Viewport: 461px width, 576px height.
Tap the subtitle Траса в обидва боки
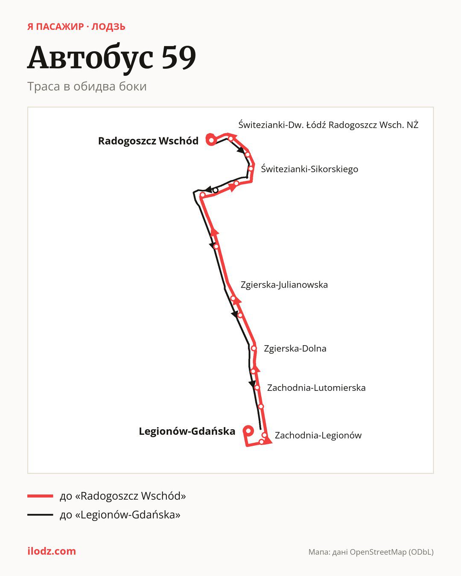[x=87, y=87]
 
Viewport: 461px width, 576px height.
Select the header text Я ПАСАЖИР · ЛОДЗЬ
[x=76, y=27]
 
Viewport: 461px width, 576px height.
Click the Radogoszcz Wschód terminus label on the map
[x=148, y=141]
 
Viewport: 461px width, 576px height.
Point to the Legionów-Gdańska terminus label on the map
[x=187, y=431]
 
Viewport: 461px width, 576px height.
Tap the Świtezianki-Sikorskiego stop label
[x=309, y=169]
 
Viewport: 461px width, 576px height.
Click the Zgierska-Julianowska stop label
[x=284, y=285]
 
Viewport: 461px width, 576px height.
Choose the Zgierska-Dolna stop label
[x=295, y=349]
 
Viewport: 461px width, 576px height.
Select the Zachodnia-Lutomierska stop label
[x=316, y=388]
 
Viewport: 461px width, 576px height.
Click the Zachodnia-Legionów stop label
[x=318, y=436]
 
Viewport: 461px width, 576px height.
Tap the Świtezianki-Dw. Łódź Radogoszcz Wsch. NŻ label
[x=328, y=125]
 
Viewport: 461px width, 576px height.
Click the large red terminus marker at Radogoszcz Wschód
[x=211, y=140]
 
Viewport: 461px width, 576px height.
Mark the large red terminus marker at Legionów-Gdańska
[x=248, y=431]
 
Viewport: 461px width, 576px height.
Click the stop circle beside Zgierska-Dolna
[x=254, y=349]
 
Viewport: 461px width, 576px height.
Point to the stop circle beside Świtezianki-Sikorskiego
[x=251, y=169]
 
